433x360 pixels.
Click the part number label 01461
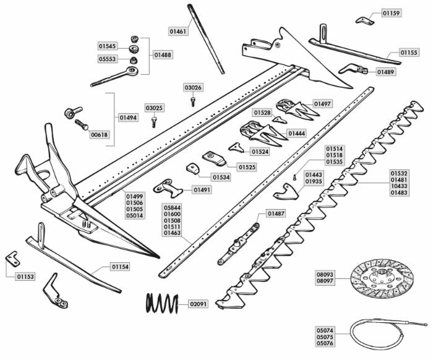pos(178,30)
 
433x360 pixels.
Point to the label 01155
pos(409,53)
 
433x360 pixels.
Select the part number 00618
pos(99,134)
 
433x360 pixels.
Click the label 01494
pos(129,117)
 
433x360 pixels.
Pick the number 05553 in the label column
pos(108,59)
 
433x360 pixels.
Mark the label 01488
pos(163,55)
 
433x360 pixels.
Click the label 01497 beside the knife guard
pos(322,103)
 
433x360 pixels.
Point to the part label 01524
pos(260,151)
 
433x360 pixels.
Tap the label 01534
pos(221,177)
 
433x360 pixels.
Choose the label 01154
pos(120,267)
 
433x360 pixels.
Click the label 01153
pos(25,276)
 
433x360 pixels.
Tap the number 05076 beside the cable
pos(325,343)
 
